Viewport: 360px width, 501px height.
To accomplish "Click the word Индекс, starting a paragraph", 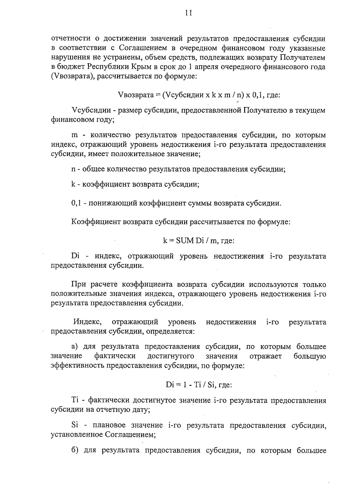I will pyautogui.click(x=87, y=322).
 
